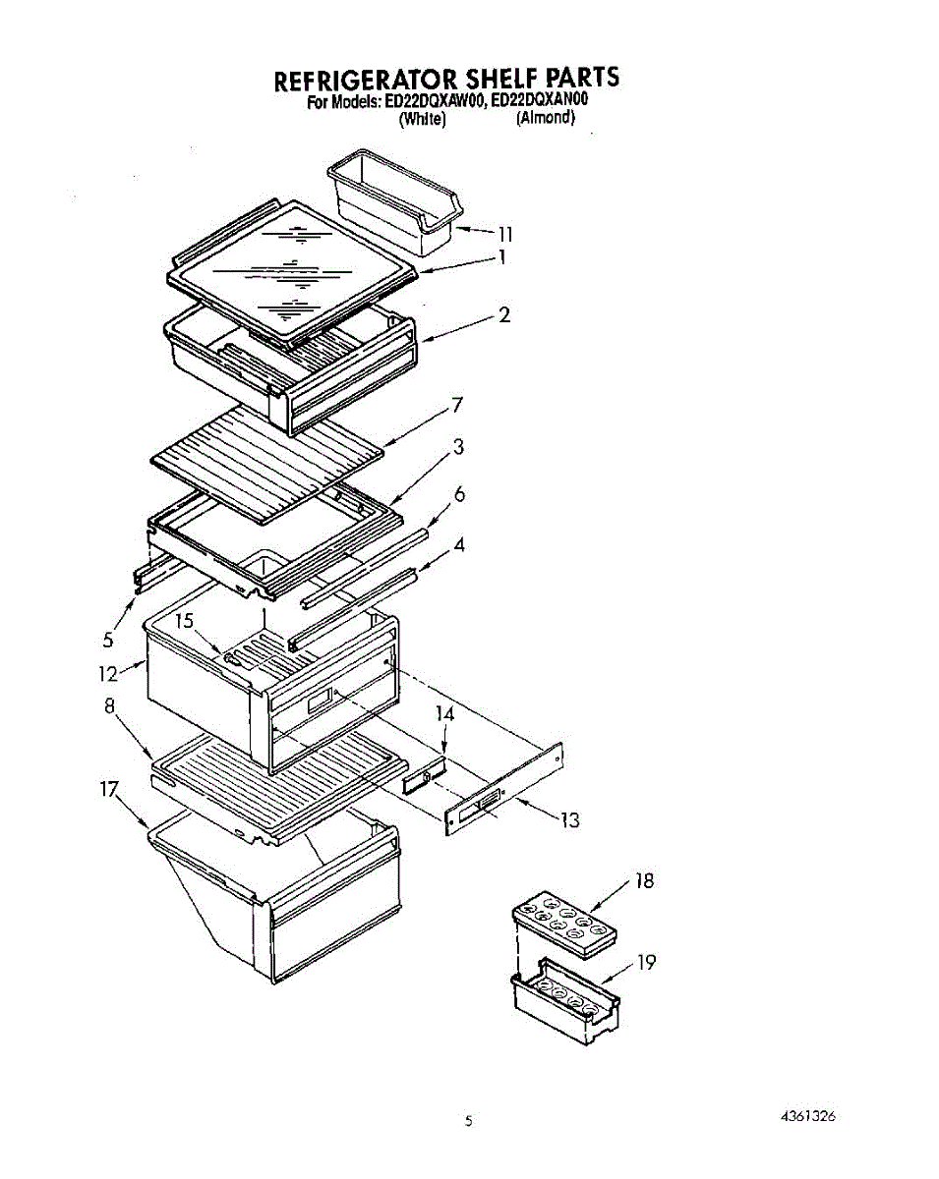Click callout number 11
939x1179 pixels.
tap(505, 234)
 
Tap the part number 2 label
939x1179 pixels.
tap(503, 315)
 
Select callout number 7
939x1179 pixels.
tap(457, 405)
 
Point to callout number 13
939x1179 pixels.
tap(569, 820)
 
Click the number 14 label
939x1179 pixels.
tap(445, 714)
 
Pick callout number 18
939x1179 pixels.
tap(644, 881)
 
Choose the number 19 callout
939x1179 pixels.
tap(645, 962)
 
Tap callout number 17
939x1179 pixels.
tap(109, 788)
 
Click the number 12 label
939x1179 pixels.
tap(108, 674)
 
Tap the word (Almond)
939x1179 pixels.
tap(546, 118)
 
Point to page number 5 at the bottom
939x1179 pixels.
tap(469, 1120)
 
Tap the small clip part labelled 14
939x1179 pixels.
tap(424, 777)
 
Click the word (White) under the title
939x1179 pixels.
tap(423, 119)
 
